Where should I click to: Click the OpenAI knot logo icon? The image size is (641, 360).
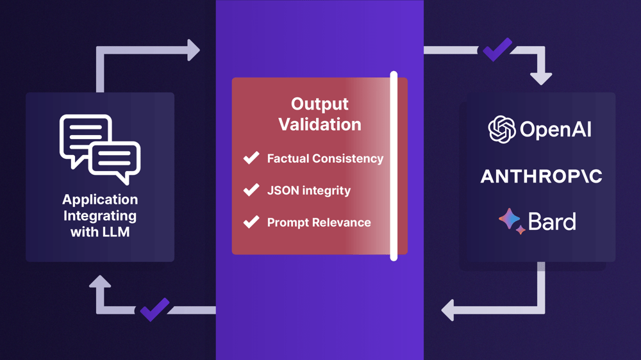coord(502,129)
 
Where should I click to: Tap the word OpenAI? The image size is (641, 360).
coord(556,130)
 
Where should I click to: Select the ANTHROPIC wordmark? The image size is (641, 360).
coord(541,177)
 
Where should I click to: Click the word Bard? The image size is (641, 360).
coord(552,222)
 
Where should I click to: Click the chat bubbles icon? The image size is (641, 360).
coord(100,149)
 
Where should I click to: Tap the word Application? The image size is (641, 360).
coord(100,200)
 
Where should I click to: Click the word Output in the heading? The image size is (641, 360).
coord(320,104)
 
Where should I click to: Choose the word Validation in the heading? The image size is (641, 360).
coord(320,124)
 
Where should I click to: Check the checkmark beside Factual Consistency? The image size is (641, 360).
coord(251,158)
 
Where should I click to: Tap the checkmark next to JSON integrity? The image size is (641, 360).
coord(251,190)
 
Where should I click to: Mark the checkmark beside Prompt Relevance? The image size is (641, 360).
coord(251,222)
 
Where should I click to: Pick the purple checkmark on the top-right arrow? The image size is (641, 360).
coord(497,49)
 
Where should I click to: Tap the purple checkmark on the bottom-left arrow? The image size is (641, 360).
coord(154,309)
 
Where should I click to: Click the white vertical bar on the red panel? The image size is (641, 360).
coord(394,166)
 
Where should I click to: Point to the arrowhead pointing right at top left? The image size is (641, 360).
coord(194,50)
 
